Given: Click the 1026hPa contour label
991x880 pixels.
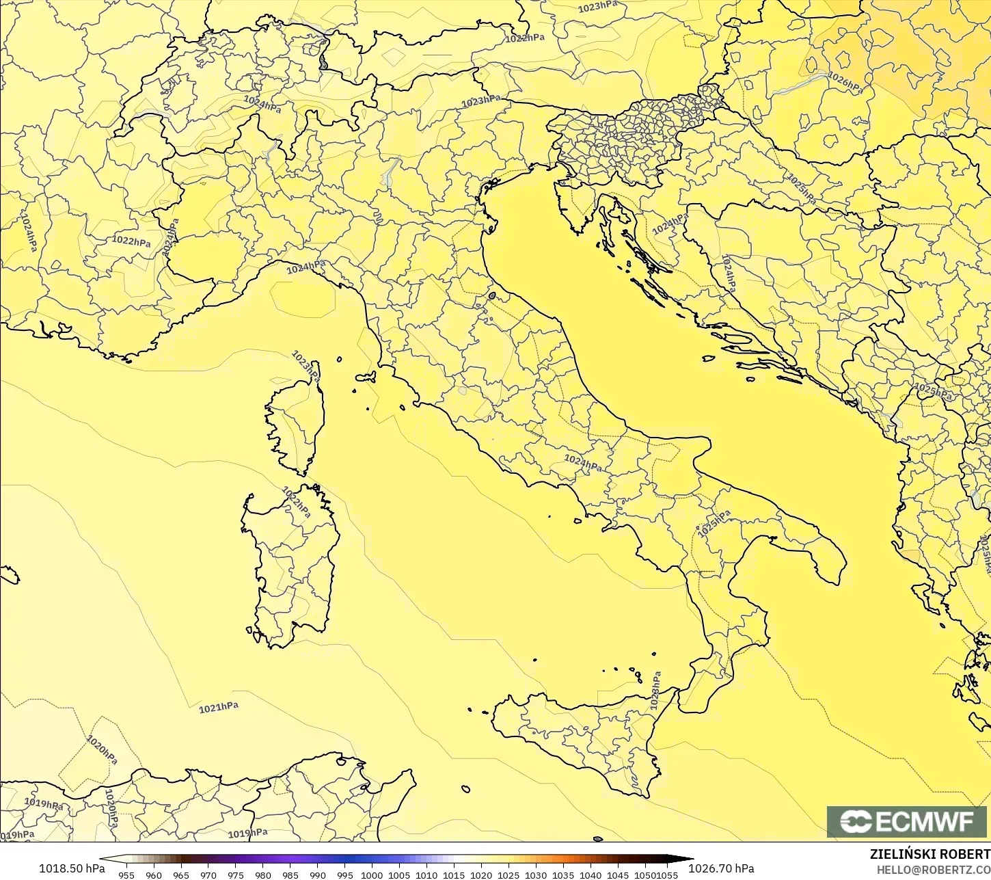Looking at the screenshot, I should [x=845, y=82].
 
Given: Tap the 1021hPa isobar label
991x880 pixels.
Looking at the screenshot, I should [x=219, y=708].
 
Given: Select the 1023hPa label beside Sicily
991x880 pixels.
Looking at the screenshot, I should [x=655, y=690].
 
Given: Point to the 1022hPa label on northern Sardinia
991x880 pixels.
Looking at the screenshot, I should [x=297, y=502].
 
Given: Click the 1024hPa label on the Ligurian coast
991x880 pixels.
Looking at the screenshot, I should [x=306, y=267].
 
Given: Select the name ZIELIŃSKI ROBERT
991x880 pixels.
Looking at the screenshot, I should [x=929, y=854].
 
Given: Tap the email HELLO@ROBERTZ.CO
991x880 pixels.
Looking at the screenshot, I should [x=934, y=870].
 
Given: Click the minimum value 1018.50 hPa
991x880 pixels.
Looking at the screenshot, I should [x=72, y=868].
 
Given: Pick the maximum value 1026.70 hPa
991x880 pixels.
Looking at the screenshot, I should [x=720, y=868].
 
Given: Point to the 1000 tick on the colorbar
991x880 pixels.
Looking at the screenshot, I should [x=372, y=875].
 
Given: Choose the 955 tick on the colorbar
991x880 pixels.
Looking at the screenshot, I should [x=126, y=875].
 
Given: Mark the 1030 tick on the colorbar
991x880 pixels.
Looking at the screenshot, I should [x=536, y=875].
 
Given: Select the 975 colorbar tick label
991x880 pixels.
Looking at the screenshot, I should [x=236, y=875].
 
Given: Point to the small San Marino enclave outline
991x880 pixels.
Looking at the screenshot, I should [x=491, y=296].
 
